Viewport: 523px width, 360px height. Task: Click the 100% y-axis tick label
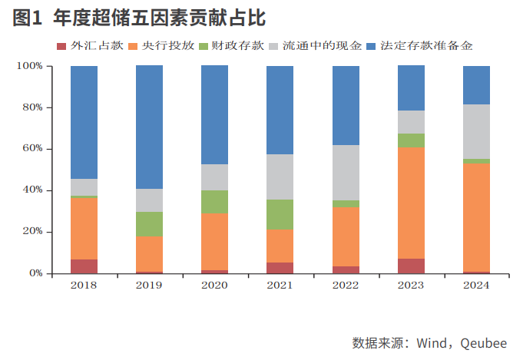point(29,66)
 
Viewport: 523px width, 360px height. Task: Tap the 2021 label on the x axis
point(280,286)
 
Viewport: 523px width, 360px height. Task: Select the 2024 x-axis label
point(476,286)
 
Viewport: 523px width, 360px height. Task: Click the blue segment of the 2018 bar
point(84,122)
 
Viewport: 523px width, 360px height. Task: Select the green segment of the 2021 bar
point(280,214)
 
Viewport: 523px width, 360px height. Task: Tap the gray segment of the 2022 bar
point(346,173)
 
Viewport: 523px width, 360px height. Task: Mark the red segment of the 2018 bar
point(84,266)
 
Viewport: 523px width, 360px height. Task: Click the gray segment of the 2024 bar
point(476,131)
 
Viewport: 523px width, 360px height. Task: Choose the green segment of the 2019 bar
point(149,223)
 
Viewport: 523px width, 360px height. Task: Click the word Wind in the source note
point(434,342)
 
